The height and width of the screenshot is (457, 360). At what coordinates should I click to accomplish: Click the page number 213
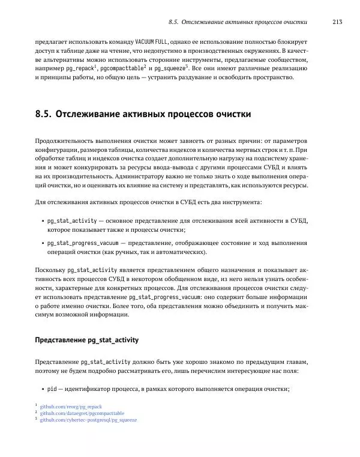[x=336, y=22]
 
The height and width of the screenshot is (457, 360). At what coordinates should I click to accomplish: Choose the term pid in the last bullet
[x=52, y=390]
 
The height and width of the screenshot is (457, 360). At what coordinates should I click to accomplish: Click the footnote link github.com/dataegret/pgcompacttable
[x=82, y=413]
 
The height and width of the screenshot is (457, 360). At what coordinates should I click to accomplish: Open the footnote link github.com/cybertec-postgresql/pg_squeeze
[x=88, y=420]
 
